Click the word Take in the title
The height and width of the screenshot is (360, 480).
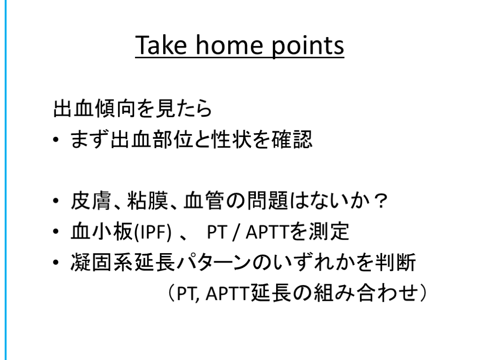pos(161,45)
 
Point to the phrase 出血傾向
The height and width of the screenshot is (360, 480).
pos(94,109)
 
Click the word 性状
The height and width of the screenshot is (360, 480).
pos(232,139)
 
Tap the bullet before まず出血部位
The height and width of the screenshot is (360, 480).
pos(55,140)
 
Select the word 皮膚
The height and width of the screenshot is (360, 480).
pos(90,201)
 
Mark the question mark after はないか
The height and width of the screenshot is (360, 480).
pos(381,201)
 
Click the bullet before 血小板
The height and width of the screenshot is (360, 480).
pos(55,232)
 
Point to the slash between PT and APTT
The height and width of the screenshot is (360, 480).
pos(235,232)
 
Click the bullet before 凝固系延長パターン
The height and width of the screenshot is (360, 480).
pos(55,262)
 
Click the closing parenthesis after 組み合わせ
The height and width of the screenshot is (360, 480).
pos(423,292)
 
